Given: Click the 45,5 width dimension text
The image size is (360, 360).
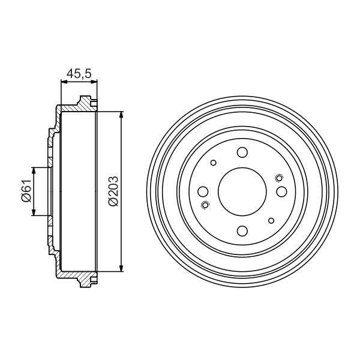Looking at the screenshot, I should tap(78, 74).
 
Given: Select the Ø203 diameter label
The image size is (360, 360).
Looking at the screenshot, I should tap(113, 191).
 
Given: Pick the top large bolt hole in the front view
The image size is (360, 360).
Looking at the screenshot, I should tap(242, 152).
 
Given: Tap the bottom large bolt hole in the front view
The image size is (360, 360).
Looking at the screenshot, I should tap(242, 230).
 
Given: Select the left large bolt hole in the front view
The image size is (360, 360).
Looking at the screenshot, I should tap(203, 192).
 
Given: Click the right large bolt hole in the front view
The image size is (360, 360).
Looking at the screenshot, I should tap(281, 192).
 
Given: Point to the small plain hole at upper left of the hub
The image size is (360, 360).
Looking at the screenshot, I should tap(213, 163).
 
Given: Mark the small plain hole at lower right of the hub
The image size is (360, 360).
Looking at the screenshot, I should tap(271, 221).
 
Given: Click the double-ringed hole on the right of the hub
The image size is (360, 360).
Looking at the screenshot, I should tap(278, 177).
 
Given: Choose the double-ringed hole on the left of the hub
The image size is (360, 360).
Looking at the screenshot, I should tap(206, 206).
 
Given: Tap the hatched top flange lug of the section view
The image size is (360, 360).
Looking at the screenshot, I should tap(87, 103).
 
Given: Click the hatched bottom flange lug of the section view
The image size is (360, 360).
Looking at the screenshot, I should tap(87, 281).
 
